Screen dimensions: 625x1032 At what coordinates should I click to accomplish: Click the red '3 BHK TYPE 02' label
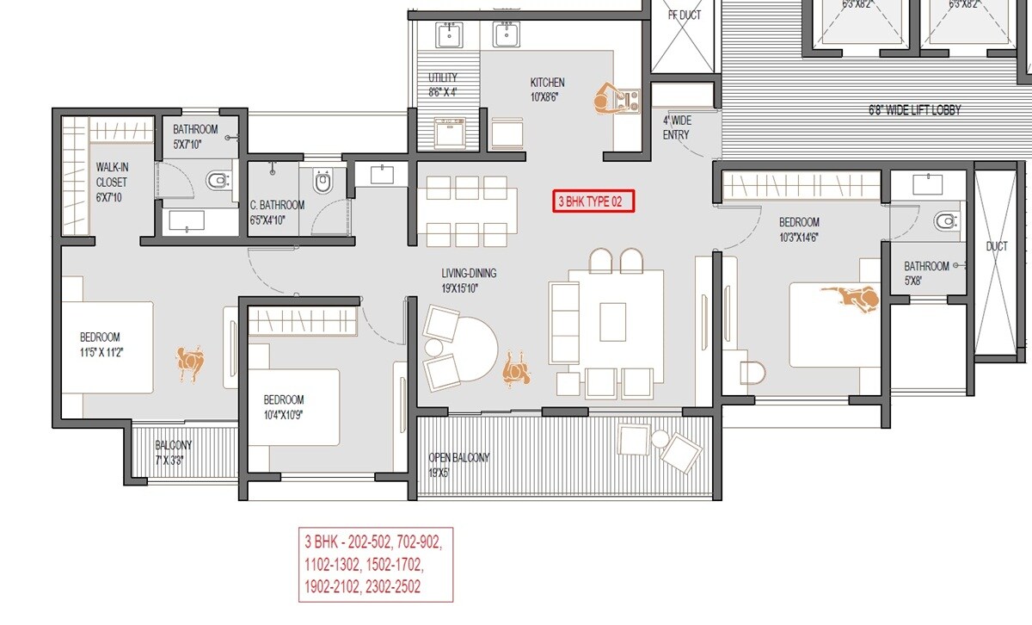click(593, 201)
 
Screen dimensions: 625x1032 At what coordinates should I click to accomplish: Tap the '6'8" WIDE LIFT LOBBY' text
click(912, 110)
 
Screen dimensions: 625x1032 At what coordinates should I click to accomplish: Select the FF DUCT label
click(685, 15)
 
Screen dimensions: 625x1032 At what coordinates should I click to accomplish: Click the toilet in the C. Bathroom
click(323, 182)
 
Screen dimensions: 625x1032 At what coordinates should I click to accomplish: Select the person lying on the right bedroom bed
click(851, 297)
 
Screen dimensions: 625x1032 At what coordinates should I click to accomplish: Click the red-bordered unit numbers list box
click(375, 565)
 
